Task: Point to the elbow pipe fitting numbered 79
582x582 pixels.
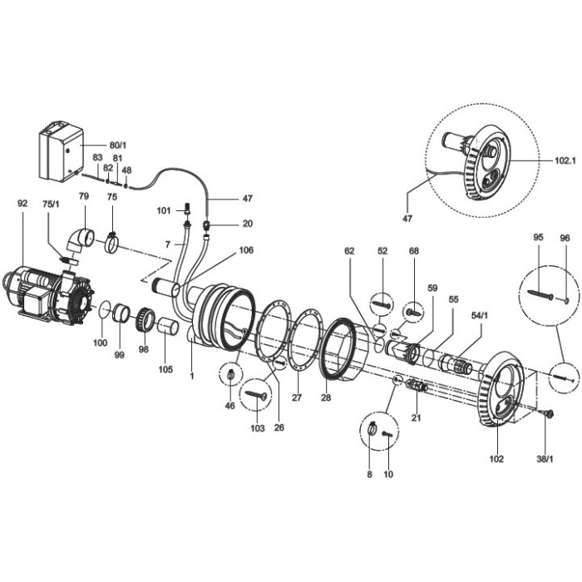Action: pos(81,241)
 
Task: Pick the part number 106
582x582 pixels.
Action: pos(246,250)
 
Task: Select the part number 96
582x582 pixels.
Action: pos(565,239)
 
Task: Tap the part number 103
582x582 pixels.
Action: pos(257,429)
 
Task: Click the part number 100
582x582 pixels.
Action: pos(100,343)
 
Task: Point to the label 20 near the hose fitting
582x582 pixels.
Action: pos(224,224)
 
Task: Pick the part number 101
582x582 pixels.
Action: pos(165,211)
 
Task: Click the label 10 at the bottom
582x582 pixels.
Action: pos(388,475)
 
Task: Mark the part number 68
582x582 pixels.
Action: pos(413,251)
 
